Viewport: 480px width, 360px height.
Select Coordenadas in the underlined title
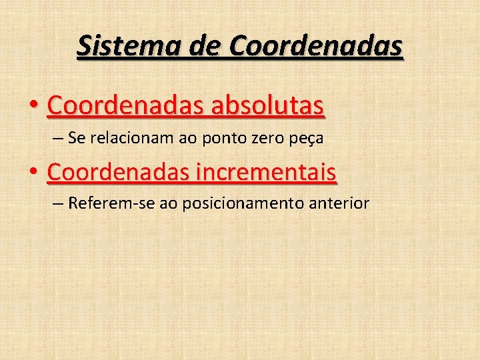(x=316, y=47)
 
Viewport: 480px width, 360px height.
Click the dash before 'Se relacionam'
(x=57, y=139)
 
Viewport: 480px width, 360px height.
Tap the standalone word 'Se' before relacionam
(x=76, y=139)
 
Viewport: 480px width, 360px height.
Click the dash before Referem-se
(x=57, y=203)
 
